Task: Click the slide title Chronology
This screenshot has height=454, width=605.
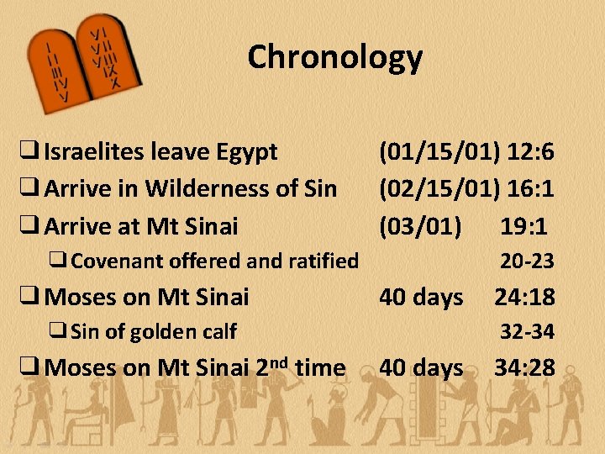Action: [334, 58]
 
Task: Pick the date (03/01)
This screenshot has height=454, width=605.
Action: [420, 226]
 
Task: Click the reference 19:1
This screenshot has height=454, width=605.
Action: [523, 226]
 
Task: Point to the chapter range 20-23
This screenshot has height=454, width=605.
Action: [527, 261]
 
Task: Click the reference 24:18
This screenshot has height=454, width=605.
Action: [524, 297]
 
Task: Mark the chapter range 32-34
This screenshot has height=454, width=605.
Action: [527, 332]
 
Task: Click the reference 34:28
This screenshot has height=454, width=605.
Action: [524, 367]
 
